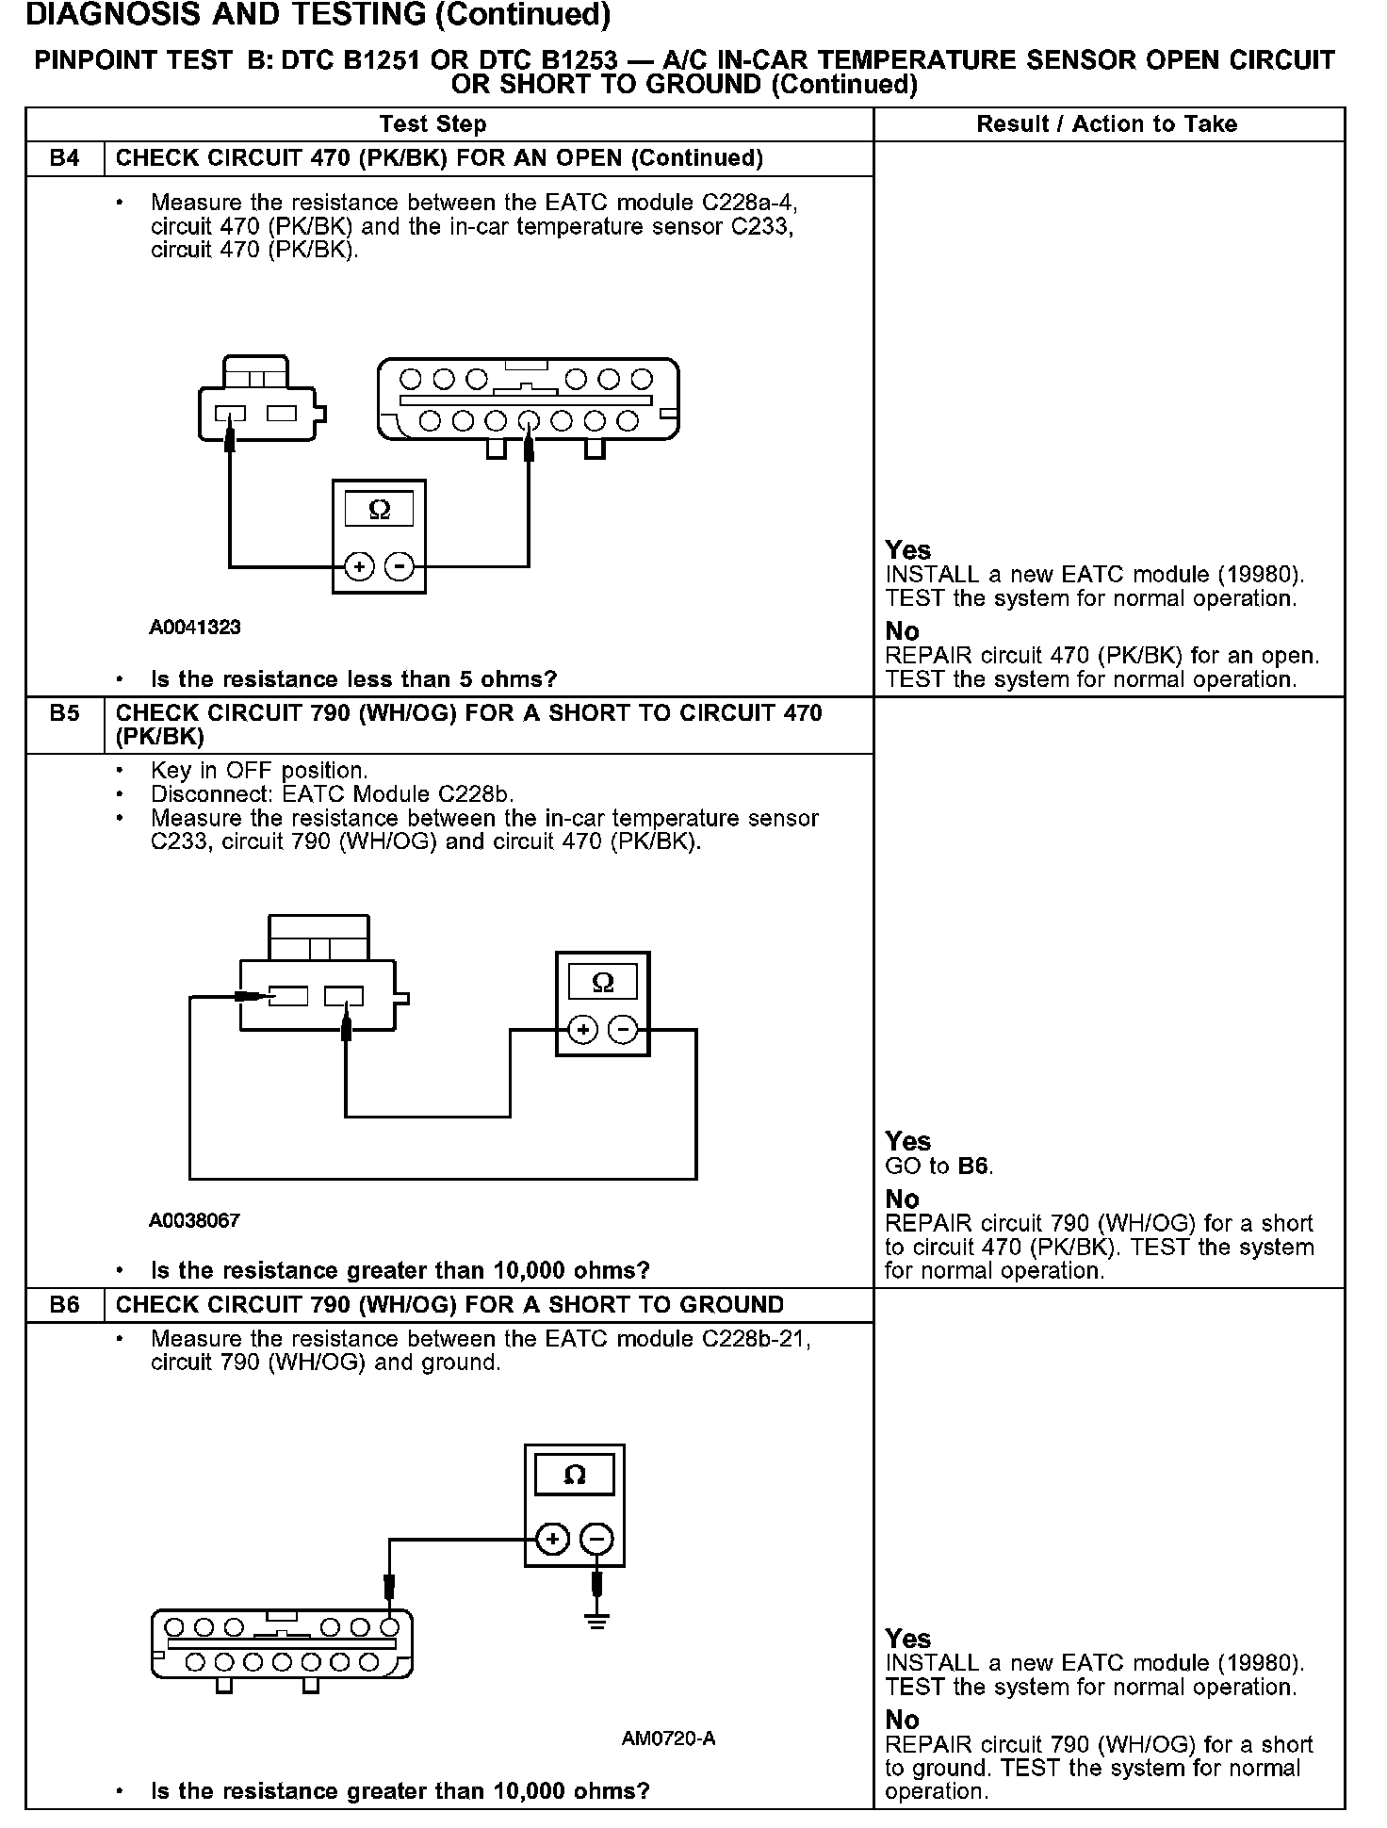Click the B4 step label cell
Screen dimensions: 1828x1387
pos(65,158)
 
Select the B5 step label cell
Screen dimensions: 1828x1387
pos(65,714)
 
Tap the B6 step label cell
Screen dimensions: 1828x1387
pos(65,1305)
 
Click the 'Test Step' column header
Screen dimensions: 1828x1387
pos(432,124)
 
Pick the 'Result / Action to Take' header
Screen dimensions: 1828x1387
pos(1107,124)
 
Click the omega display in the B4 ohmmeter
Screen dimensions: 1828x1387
pos(379,510)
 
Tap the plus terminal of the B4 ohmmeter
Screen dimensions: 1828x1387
pos(360,566)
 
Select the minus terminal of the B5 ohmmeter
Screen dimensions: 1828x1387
pos(623,1030)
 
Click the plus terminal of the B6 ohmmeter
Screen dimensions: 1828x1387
pos(553,1539)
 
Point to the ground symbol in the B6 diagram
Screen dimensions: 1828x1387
pos(596,1622)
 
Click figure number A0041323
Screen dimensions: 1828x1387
pos(195,628)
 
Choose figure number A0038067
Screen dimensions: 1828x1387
pos(194,1220)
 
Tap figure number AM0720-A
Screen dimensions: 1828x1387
pos(668,1738)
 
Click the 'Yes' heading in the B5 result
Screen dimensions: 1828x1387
pos(907,1141)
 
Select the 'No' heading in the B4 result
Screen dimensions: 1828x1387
pos(902,631)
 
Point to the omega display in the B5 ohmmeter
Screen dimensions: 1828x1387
pos(603,983)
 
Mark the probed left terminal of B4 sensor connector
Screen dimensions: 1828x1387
pos(230,415)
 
